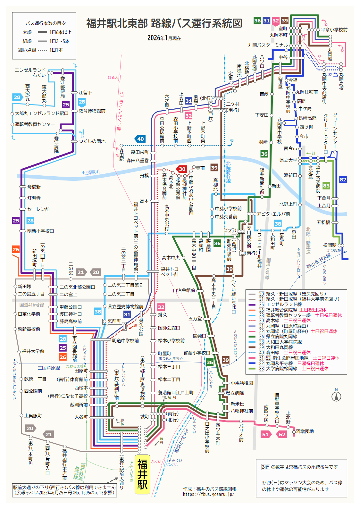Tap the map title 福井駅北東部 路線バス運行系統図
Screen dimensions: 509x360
[164, 23]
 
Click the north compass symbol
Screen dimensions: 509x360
[336, 396]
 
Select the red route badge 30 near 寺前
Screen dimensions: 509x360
[182, 169]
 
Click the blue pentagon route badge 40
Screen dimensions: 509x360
[140, 139]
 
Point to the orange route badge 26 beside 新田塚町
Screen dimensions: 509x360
[16, 249]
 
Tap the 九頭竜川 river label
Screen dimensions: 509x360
[91, 172]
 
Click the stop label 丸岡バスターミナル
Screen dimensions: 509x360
[268, 45]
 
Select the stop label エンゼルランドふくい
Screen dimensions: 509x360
[31, 72]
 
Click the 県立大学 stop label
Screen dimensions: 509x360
[288, 160]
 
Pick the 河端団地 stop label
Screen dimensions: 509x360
[305, 431]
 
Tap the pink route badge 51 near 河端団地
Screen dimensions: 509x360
[265, 434]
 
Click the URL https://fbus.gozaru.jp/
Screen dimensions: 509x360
[208, 494]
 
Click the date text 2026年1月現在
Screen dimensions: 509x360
[164, 38]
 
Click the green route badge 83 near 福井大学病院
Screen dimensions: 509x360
[326, 186]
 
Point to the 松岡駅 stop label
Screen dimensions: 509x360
[330, 245]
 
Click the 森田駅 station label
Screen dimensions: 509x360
[122, 154]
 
